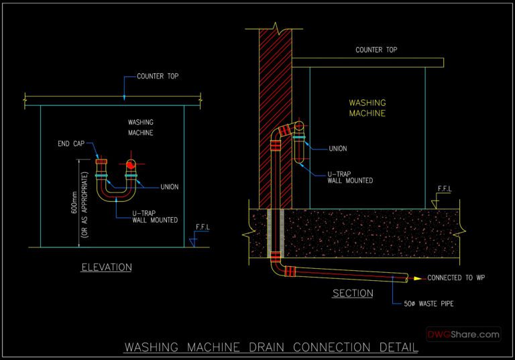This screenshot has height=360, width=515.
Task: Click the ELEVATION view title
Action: [106, 267]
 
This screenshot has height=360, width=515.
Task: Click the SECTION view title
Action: [353, 294]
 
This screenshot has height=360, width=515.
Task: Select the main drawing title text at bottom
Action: [271, 347]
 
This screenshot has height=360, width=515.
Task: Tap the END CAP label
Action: [70, 144]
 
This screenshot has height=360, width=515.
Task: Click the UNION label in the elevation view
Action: [170, 186]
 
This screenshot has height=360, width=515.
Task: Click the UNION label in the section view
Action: [337, 149]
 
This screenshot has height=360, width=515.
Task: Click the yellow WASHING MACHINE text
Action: [367, 109]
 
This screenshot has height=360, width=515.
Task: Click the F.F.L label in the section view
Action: [444, 189]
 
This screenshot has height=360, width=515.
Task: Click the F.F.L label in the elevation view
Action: [202, 227]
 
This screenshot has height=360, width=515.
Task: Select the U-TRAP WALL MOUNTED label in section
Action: [350, 177]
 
